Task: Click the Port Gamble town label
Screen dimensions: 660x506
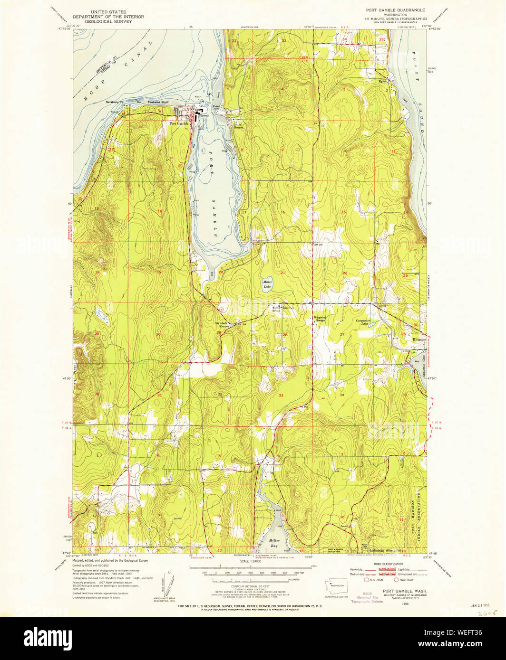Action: click(x=179, y=123)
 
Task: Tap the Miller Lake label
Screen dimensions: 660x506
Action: click(x=268, y=284)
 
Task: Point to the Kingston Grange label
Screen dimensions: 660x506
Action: click(x=320, y=319)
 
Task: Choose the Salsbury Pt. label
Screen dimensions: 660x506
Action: click(x=115, y=102)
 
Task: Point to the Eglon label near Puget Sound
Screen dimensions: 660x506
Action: click(x=383, y=81)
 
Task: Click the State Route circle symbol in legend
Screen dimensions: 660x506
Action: click(x=396, y=580)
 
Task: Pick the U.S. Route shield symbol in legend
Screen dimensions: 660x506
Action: click(x=366, y=580)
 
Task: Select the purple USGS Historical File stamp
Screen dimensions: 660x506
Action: click(x=367, y=597)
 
